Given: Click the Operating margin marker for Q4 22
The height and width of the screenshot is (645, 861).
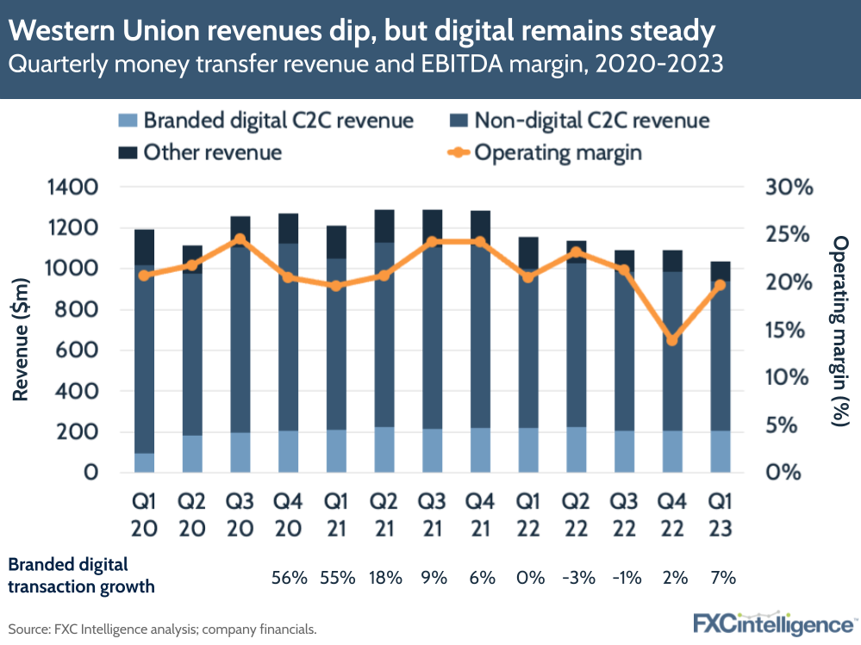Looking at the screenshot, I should point(672,340).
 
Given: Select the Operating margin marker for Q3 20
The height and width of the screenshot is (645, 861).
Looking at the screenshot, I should point(240,239).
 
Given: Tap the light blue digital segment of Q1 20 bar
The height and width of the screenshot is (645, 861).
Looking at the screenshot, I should point(145,462).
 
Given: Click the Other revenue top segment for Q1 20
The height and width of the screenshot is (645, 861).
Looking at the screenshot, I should point(145,247).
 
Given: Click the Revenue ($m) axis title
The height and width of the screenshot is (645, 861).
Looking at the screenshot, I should point(22,330).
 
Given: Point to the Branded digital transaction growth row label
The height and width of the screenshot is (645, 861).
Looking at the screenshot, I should point(82,575).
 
